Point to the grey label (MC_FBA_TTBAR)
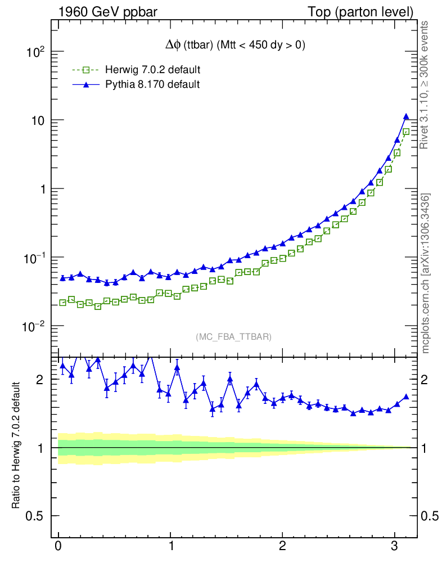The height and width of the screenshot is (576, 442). [233, 337]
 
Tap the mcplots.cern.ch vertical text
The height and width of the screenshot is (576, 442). [426, 273]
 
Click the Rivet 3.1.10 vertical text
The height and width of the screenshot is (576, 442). [426, 85]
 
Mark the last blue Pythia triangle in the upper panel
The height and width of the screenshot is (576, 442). [406, 116]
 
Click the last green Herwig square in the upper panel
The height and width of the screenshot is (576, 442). [406, 132]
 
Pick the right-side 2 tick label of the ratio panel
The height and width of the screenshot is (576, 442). [426, 380]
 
